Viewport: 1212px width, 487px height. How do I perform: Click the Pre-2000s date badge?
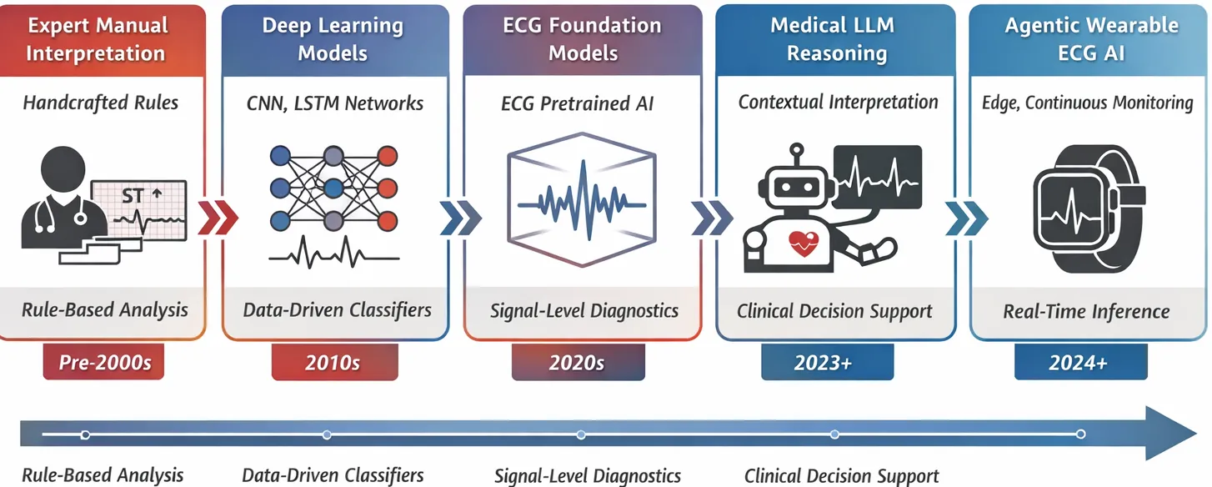(x=103, y=363)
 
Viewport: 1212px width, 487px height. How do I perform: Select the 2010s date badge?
(x=333, y=363)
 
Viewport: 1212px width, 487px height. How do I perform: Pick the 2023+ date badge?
(x=826, y=363)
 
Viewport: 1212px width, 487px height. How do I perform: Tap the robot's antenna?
(x=798, y=155)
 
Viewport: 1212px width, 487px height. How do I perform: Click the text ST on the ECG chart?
(x=133, y=197)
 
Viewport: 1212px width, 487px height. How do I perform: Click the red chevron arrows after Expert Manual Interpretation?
(x=217, y=218)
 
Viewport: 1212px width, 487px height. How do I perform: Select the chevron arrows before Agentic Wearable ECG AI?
(x=966, y=218)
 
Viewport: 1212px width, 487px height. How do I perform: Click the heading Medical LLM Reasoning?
(x=836, y=39)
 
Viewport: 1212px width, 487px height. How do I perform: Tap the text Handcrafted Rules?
(x=101, y=103)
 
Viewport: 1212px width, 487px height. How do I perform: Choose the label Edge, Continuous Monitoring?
(x=1087, y=103)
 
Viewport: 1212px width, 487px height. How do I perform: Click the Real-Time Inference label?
(x=1086, y=312)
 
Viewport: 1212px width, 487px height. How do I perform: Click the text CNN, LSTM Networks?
(x=335, y=103)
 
